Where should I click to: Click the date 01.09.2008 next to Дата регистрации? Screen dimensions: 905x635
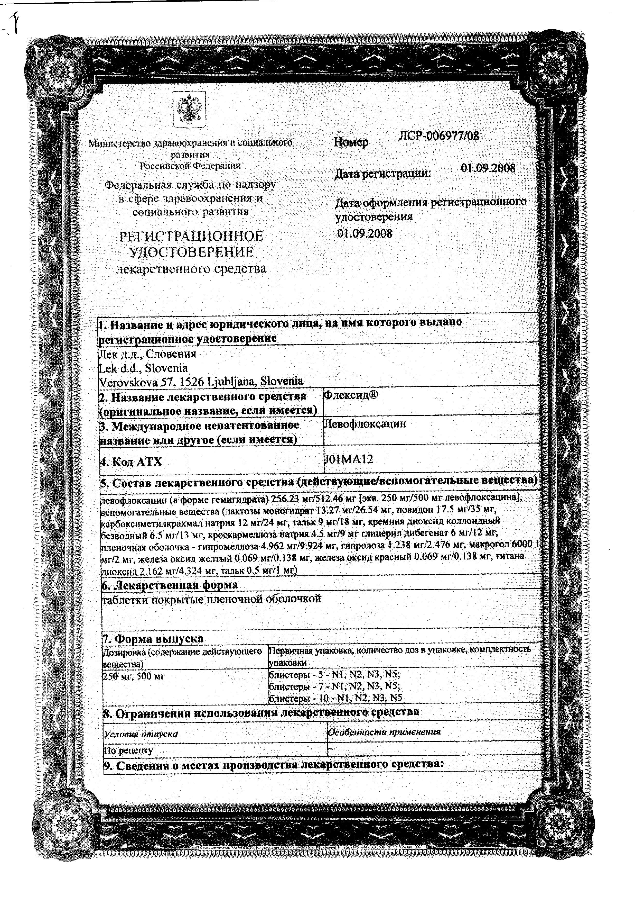(x=488, y=168)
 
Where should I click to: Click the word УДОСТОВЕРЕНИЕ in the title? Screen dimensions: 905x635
(x=191, y=252)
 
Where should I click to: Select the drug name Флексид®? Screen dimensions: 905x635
(x=350, y=395)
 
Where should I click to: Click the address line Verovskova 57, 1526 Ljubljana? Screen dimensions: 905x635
(x=201, y=381)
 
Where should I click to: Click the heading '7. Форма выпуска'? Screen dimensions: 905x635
(x=153, y=638)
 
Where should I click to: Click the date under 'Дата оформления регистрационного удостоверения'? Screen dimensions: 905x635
(x=365, y=233)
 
